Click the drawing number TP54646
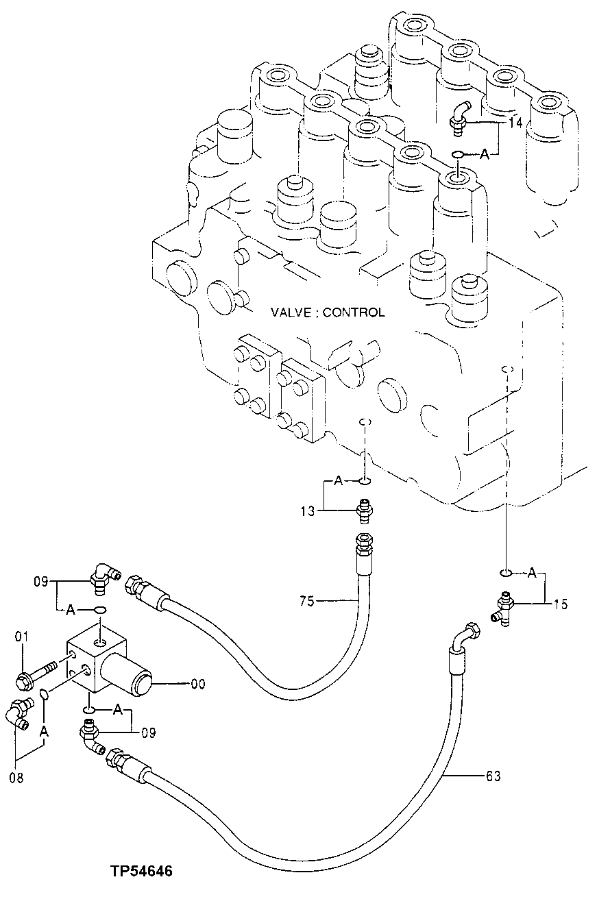point(141,872)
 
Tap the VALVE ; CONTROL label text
point(327,312)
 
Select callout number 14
point(515,123)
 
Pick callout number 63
point(493,776)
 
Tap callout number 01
point(21,638)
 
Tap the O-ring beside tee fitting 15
point(506,571)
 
